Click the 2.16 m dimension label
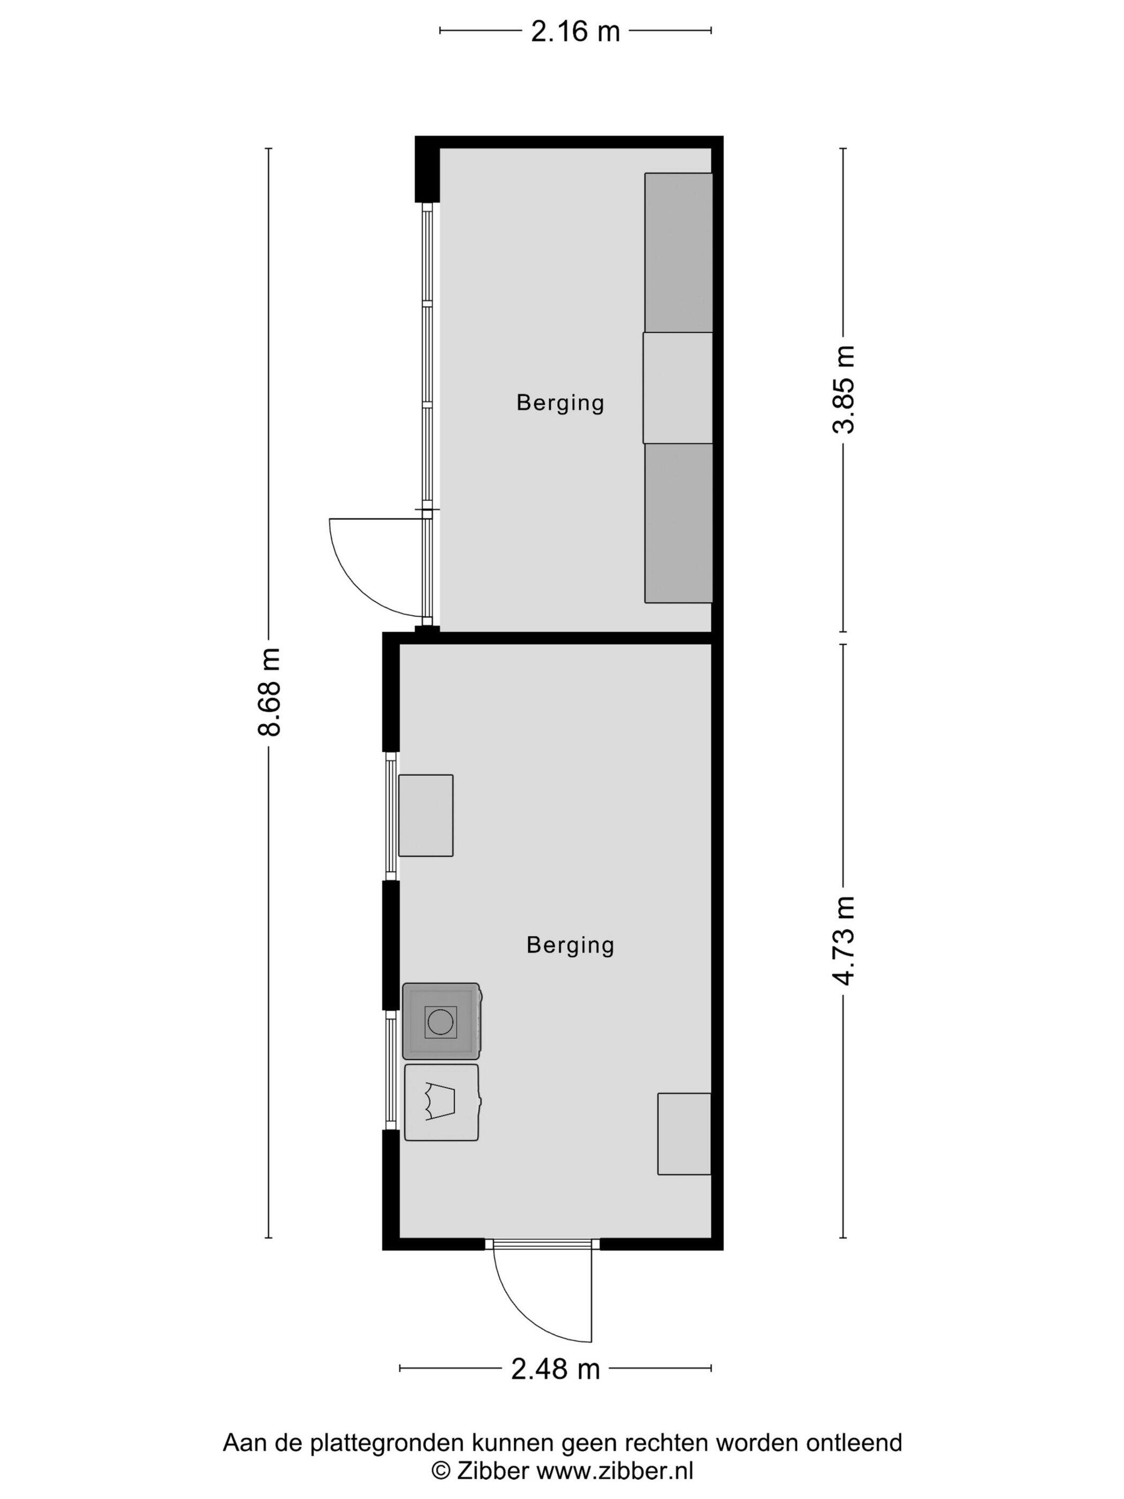pyautogui.click(x=575, y=31)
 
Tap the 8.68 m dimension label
pyautogui.click(x=269, y=691)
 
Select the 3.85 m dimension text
pyautogui.click(x=844, y=389)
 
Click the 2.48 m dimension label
pyautogui.click(x=556, y=1369)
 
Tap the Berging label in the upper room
pyautogui.click(x=560, y=403)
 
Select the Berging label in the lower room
pyautogui.click(x=571, y=945)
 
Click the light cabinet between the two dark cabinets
pyautogui.click(x=678, y=388)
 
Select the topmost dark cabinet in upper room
pyautogui.click(x=678, y=253)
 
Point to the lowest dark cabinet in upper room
pyautogui.click(x=678, y=523)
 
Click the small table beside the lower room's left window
pyautogui.click(x=426, y=815)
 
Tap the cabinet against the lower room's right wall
pyautogui.click(x=684, y=1134)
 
